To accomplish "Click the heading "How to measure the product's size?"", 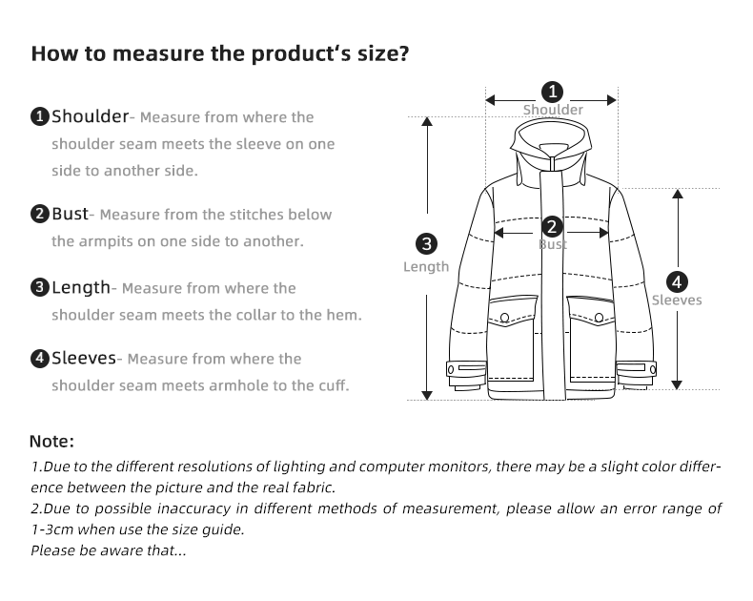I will (x=220, y=53).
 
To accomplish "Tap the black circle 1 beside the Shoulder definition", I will (x=40, y=117).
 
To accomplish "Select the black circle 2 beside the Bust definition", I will (x=40, y=215).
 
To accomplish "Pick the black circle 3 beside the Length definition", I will (x=40, y=288).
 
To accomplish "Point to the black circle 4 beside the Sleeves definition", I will (x=40, y=359).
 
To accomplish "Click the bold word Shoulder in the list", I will (x=90, y=116).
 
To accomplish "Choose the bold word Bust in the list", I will (x=70, y=214).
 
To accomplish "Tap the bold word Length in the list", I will (x=81, y=287).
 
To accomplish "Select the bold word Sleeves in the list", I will (x=84, y=358).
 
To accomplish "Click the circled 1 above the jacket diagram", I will (x=552, y=93).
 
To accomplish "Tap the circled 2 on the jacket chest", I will (x=552, y=227).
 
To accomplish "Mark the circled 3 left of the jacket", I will (x=426, y=243).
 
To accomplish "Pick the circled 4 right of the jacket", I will (x=677, y=281).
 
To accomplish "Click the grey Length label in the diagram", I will (x=426, y=267).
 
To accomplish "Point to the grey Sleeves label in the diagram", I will (x=677, y=300).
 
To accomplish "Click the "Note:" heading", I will (x=51, y=442).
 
